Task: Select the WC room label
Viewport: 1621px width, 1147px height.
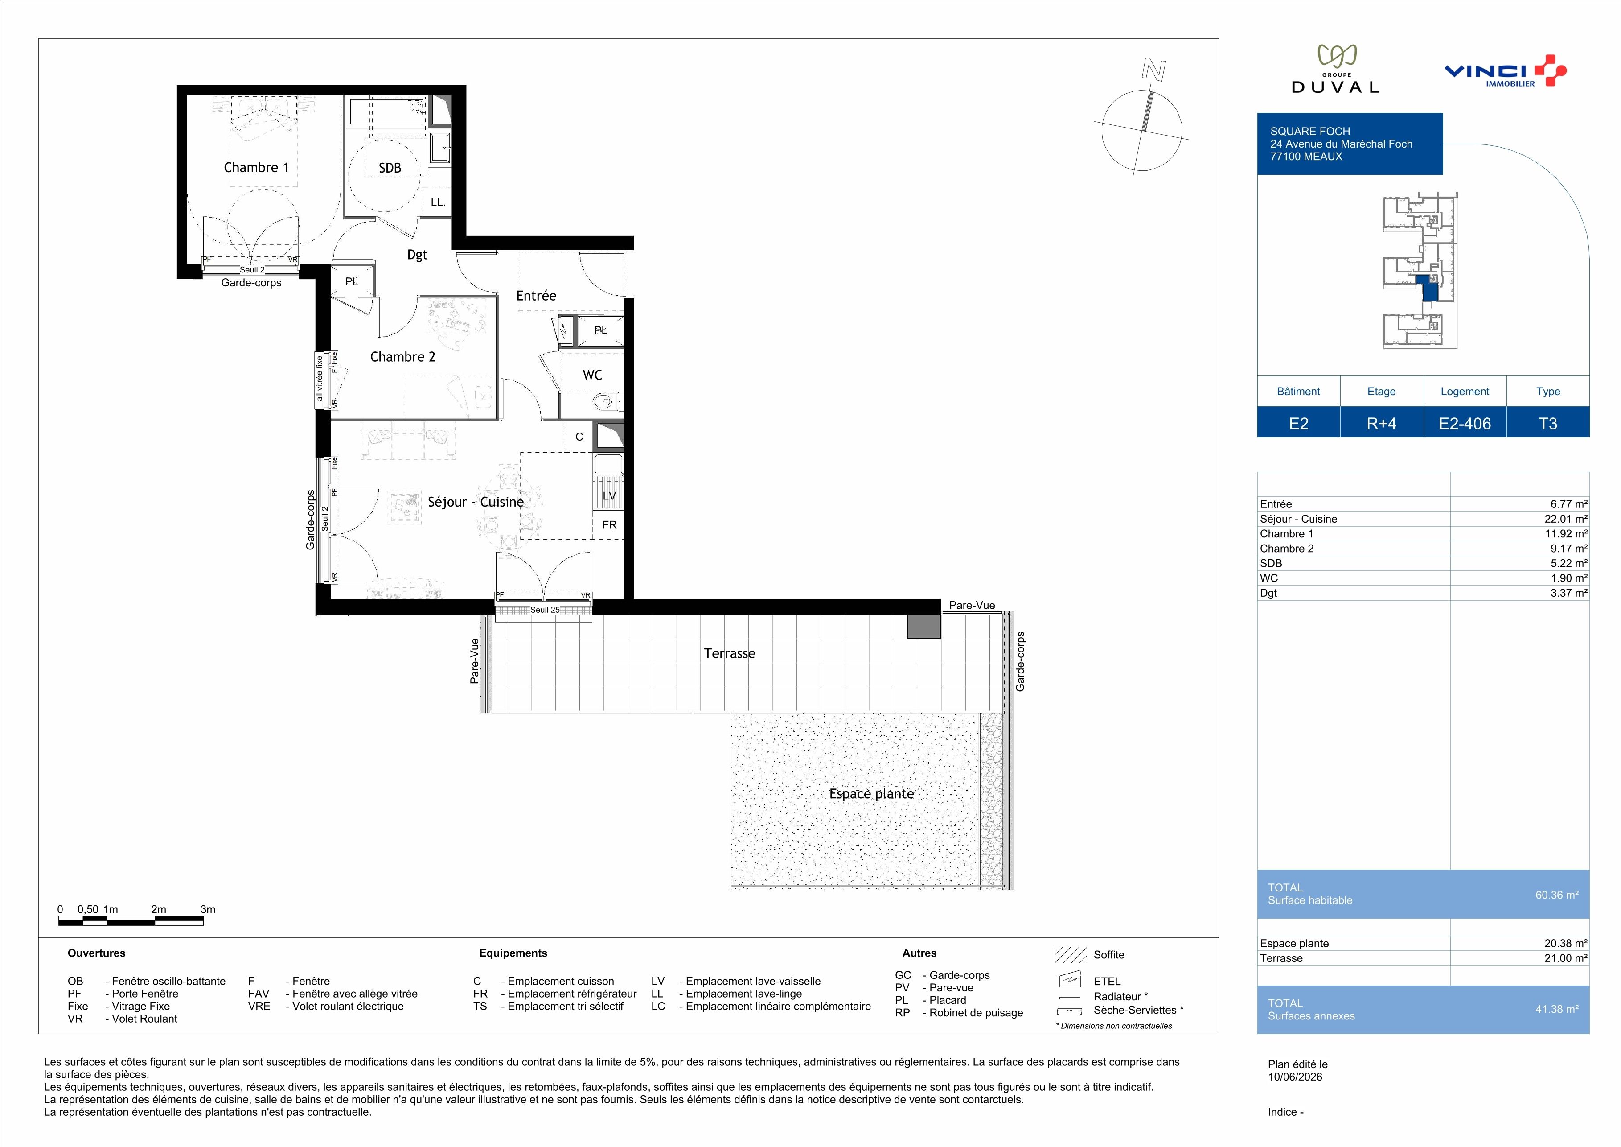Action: pyautogui.click(x=592, y=375)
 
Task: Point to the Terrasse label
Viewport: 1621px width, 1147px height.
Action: pyautogui.click(x=729, y=653)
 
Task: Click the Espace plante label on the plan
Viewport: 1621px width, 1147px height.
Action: pyautogui.click(x=871, y=794)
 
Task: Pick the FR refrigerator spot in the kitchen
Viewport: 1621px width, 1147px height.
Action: pyautogui.click(x=609, y=525)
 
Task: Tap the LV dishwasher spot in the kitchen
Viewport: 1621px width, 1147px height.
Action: pyautogui.click(x=609, y=496)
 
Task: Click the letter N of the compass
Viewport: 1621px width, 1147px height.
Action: pyautogui.click(x=1153, y=69)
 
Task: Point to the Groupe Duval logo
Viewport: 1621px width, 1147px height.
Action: pyautogui.click(x=1335, y=69)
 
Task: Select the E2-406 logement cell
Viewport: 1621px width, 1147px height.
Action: pyautogui.click(x=1465, y=423)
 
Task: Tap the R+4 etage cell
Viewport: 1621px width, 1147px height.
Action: pyautogui.click(x=1382, y=423)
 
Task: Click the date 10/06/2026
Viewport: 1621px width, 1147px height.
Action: pyautogui.click(x=1295, y=1077)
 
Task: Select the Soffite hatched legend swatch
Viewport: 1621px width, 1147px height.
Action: pyautogui.click(x=1070, y=955)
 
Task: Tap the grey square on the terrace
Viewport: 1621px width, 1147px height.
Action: pyautogui.click(x=923, y=627)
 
